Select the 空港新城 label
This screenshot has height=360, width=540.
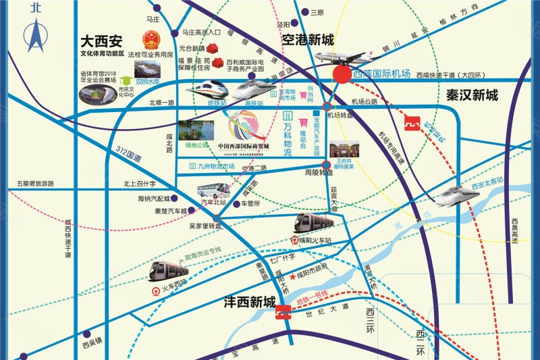[x=308, y=40]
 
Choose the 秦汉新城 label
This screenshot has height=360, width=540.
[x=472, y=96]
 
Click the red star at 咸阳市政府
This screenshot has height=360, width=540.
[x=292, y=277]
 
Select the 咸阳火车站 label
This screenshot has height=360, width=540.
[x=315, y=240]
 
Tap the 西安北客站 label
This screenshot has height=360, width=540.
[x=488, y=180]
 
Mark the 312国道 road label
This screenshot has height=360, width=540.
[x=128, y=155]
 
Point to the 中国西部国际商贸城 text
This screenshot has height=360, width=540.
[x=244, y=147]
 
